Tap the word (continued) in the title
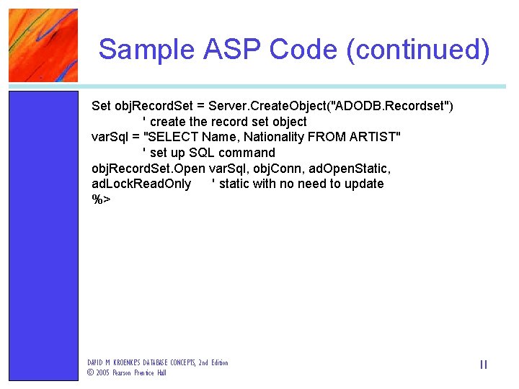click(x=418, y=50)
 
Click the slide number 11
click(x=483, y=365)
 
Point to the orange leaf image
click(x=43, y=45)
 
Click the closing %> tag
click(x=101, y=200)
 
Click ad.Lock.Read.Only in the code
click(x=141, y=184)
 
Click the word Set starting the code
click(x=101, y=107)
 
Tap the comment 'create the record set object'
click(x=225, y=122)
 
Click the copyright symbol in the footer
click(x=90, y=373)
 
